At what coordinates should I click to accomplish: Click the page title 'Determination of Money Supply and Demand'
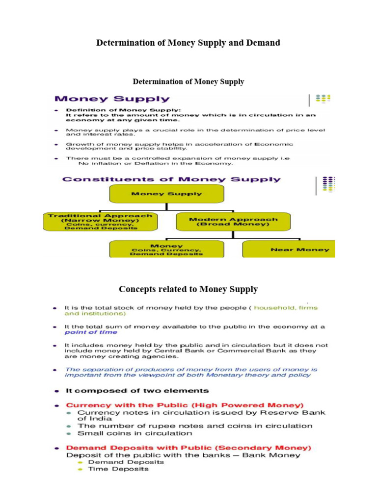pos(188,43)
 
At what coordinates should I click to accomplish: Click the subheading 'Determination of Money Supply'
pos(188,81)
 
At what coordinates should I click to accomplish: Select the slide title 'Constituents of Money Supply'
pos(171,179)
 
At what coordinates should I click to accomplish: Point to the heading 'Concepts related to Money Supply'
pos(188,289)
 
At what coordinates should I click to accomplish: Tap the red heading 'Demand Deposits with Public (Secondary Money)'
pos(188,448)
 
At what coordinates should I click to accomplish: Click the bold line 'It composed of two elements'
pos(137,391)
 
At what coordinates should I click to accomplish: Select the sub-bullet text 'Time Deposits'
pos(118,469)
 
